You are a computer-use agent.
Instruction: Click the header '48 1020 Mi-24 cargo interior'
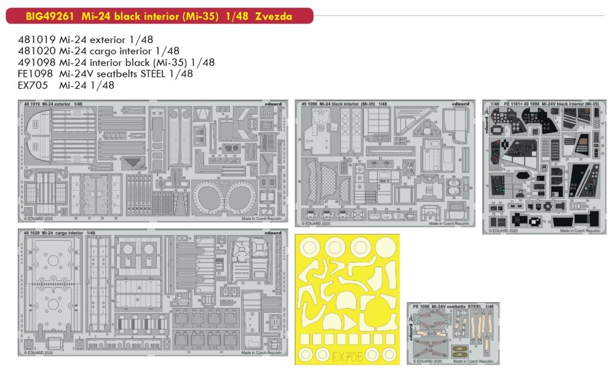[x=59, y=233]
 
